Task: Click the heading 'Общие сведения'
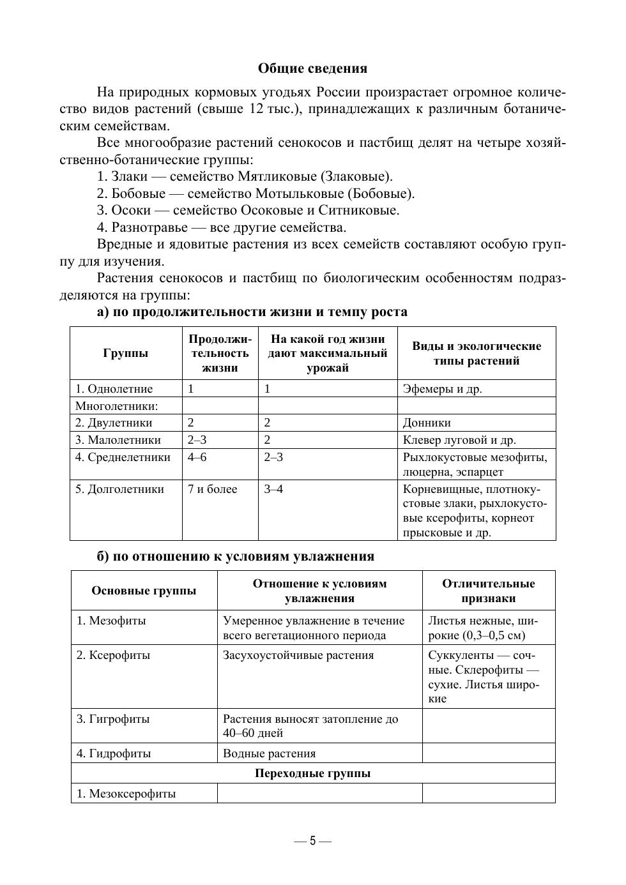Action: (312, 68)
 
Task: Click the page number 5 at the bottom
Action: (313, 841)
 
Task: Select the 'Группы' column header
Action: (125, 353)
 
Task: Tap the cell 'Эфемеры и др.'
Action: (442, 389)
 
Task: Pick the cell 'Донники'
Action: (427, 423)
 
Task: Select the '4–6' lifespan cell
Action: (197, 457)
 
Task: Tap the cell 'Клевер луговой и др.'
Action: (459, 440)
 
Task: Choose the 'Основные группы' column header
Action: (144, 591)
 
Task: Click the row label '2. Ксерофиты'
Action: (113, 655)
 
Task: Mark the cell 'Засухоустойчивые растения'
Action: (298, 655)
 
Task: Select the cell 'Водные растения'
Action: (269, 753)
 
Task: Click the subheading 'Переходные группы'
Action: (312, 773)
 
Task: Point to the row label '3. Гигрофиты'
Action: (113, 719)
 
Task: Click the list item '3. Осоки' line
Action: (248, 210)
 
